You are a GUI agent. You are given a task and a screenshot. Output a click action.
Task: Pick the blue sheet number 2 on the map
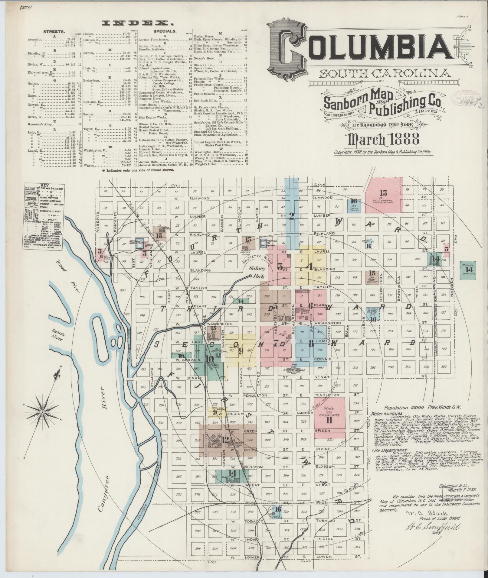292,216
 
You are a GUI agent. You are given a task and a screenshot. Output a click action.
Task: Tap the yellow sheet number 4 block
309,266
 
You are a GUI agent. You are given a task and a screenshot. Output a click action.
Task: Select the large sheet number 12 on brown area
225,440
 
